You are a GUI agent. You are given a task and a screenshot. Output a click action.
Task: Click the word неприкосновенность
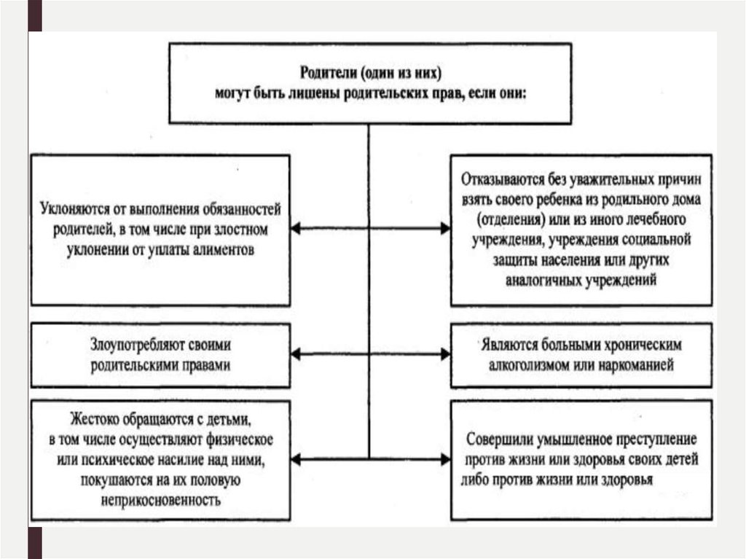pos(157,500)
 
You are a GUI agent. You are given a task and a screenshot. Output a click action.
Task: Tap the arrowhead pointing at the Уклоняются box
pos(297,229)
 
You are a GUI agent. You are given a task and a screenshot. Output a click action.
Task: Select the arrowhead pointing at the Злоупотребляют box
pos(297,354)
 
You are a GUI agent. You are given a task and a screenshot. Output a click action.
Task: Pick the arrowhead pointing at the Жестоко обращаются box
pos(297,459)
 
